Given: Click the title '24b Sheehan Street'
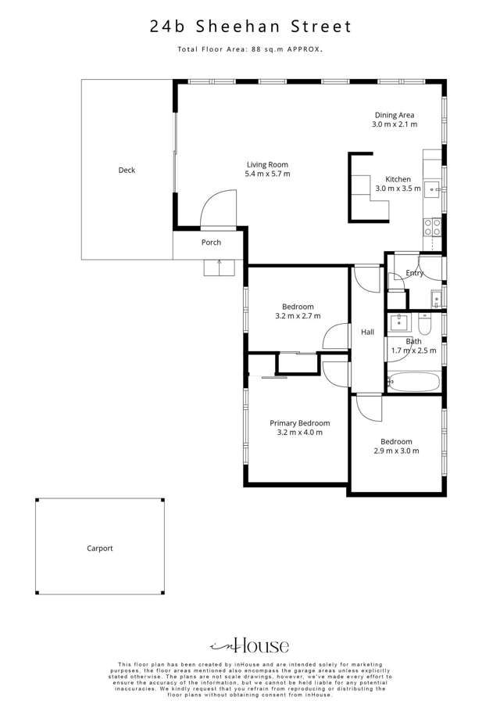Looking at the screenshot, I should pos(251,27).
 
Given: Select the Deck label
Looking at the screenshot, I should pos(127,170).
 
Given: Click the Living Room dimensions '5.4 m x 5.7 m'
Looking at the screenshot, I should pos(267,174).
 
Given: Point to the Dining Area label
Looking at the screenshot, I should pos(395,115).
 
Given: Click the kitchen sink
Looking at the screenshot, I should pos(432,188).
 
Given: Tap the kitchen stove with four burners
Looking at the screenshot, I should pos(432,227).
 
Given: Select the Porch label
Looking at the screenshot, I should pos(211,243).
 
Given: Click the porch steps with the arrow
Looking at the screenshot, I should pos(219,268).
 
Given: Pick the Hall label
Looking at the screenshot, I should pos(368,332).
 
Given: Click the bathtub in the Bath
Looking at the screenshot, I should pos(414,382).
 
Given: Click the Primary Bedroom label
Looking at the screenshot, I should pos(298,423).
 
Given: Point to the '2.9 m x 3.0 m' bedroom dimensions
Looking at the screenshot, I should pos(396,451).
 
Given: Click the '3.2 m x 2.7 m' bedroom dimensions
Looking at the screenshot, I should pos(298,316).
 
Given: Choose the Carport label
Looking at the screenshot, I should pos(100,548).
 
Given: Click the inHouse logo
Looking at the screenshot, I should pos(250,646).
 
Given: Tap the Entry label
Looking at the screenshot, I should pos(415,273).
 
